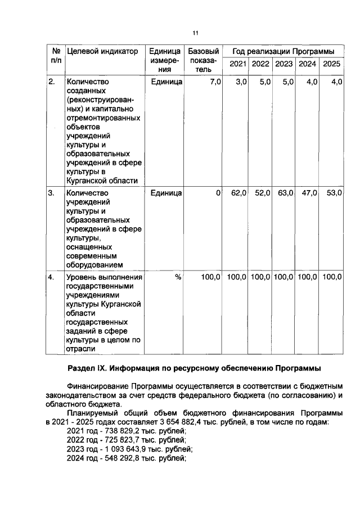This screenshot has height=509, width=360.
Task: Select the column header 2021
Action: point(237,64)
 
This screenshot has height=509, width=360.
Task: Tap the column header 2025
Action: point(332,64)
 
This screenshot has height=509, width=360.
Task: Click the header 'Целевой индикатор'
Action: point(102,52)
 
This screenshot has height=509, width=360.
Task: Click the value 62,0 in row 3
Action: point(239,193)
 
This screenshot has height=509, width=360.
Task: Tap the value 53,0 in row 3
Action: point(334,193)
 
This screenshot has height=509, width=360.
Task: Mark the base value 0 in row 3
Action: point(218,193)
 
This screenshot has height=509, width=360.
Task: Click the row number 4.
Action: point(51,277)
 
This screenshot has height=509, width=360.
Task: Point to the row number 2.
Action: point(51,82)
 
